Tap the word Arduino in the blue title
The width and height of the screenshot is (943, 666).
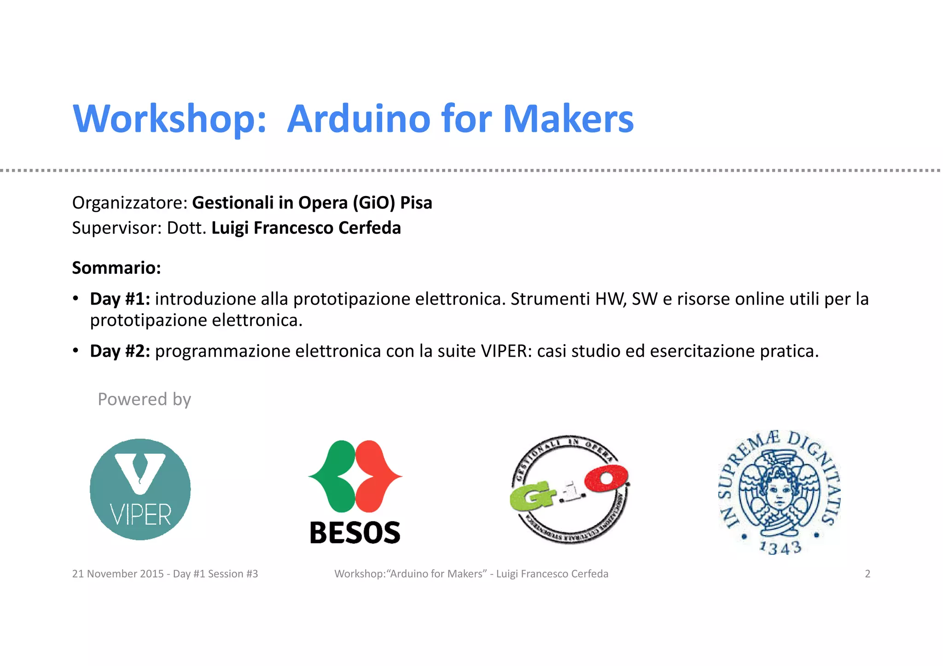(x=358, y=119)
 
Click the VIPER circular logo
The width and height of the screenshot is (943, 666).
(x=140, y=489)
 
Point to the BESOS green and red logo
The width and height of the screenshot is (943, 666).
(x=355, y=476)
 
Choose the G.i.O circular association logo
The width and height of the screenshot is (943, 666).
(x=570, y=490)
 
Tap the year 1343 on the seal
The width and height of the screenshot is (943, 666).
(x=780, y=548)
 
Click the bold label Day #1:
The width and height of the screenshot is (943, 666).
(x=120, y=299)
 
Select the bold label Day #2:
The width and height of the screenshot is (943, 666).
(x=120, y=351)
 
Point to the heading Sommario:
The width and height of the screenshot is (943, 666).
(x=116, y=268)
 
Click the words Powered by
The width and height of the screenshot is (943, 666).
(x=144, y=399)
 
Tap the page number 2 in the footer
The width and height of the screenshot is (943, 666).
(x=867, y=574)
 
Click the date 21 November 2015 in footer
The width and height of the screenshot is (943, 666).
(x=118, y=574)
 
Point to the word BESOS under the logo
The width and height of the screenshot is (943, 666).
(x=355, y=533)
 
